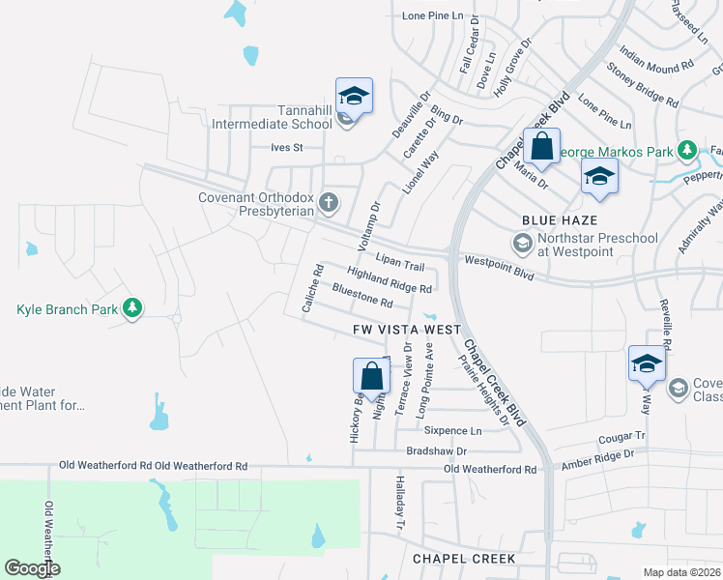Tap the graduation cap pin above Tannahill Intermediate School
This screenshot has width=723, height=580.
coord(355,98)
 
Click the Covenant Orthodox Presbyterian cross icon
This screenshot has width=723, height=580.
coord(329,203)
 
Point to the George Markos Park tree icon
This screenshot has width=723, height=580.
coord(686,150)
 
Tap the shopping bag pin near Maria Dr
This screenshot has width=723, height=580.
coord(542,148)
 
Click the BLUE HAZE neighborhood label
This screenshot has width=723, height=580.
coord(555,220)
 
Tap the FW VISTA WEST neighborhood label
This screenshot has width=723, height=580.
coord(406,330)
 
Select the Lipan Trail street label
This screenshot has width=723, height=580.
coord(400,264)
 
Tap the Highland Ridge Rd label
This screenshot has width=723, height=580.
coord(389,280)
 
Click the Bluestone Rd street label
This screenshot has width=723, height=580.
coord(361,296)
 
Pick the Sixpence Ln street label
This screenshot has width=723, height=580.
coord(453,430)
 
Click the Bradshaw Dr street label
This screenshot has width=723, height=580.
coord(436,450)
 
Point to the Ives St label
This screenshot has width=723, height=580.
coord(287,148)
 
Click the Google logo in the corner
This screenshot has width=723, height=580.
coord(32,568)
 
